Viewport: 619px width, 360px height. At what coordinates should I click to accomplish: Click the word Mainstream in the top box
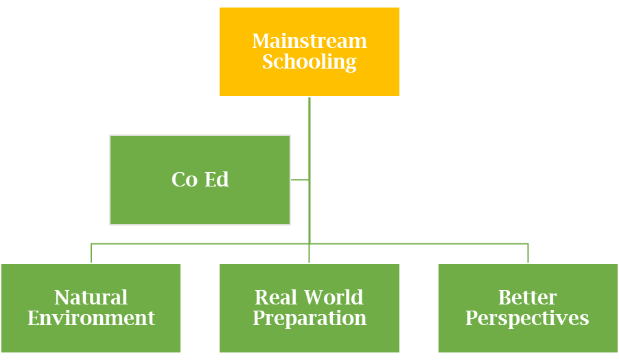pyautogui.click(x=309, y=41)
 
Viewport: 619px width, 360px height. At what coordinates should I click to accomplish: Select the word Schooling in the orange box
pyautogui.click(x=309, y=62)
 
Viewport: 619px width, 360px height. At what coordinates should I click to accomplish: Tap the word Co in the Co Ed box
pyautogui.click(x=184, y=180)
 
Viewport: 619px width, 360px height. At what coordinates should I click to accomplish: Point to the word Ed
pyautogui.click(x=217, y=180)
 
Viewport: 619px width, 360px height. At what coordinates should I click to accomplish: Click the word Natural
pyautogui.click(x=91, y=298)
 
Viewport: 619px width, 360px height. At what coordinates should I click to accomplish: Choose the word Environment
pyautogui.click(x=91, y=319)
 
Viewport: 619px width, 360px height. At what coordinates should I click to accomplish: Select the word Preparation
pyautogui.click(x=309, y=319)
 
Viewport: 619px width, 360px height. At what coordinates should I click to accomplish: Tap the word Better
pyautogui.click(x=528, y=298)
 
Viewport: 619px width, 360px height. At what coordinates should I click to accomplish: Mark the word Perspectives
pyautogui.click(x=528, y=319)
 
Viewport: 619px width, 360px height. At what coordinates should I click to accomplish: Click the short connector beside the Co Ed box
pyautogui.click(x=299, y=180)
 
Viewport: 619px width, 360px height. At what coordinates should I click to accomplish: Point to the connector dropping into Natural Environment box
pyautogui.click(x=91, y=253)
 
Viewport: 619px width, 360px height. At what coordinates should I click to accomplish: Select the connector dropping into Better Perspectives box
pyautogui.click(x=528, y=253)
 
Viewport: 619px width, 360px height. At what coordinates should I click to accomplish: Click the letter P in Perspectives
pyautogui.click(x=471, y=319)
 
